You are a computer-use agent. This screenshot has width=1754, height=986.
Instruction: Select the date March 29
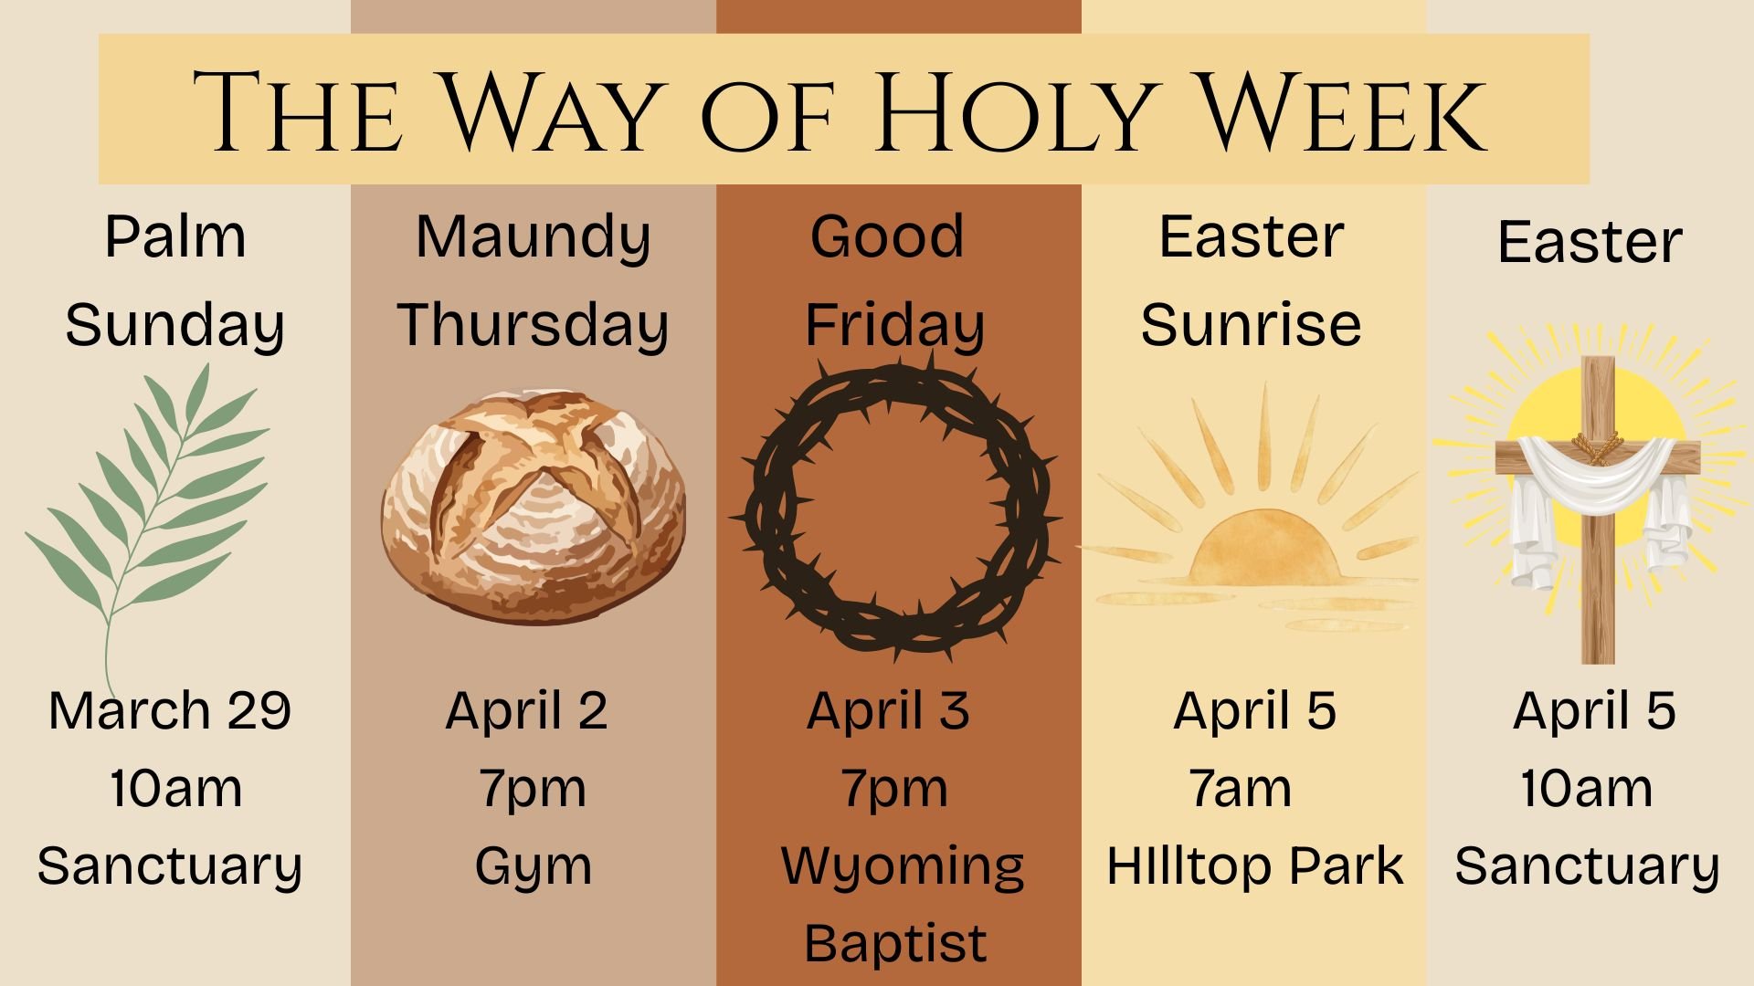(170, 710)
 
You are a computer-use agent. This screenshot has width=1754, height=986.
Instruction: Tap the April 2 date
(527, 710)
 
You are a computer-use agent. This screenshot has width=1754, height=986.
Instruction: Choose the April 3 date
(888, 710)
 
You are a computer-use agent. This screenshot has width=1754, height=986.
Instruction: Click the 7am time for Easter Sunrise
(1241, 788)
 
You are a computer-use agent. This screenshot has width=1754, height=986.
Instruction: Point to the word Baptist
(895, 943)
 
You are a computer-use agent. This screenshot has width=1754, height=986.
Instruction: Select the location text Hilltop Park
(1254, 865)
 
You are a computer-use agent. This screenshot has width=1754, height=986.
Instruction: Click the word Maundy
(534, 237)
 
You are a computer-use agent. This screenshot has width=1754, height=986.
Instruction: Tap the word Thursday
(533, 325)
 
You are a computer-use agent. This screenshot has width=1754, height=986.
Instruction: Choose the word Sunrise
(1251, 325)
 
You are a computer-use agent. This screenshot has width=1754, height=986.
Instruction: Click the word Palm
(175, 237)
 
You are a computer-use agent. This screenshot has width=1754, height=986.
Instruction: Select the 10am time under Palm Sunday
(175, 788)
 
